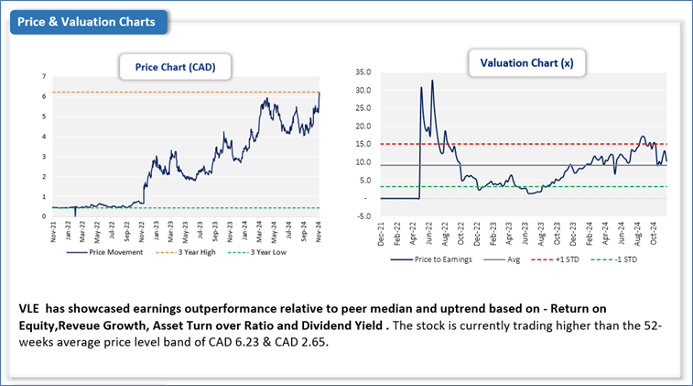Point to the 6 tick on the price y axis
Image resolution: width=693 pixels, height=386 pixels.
(44, 96)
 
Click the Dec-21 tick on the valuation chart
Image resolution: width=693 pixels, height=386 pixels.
(382, 234)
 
